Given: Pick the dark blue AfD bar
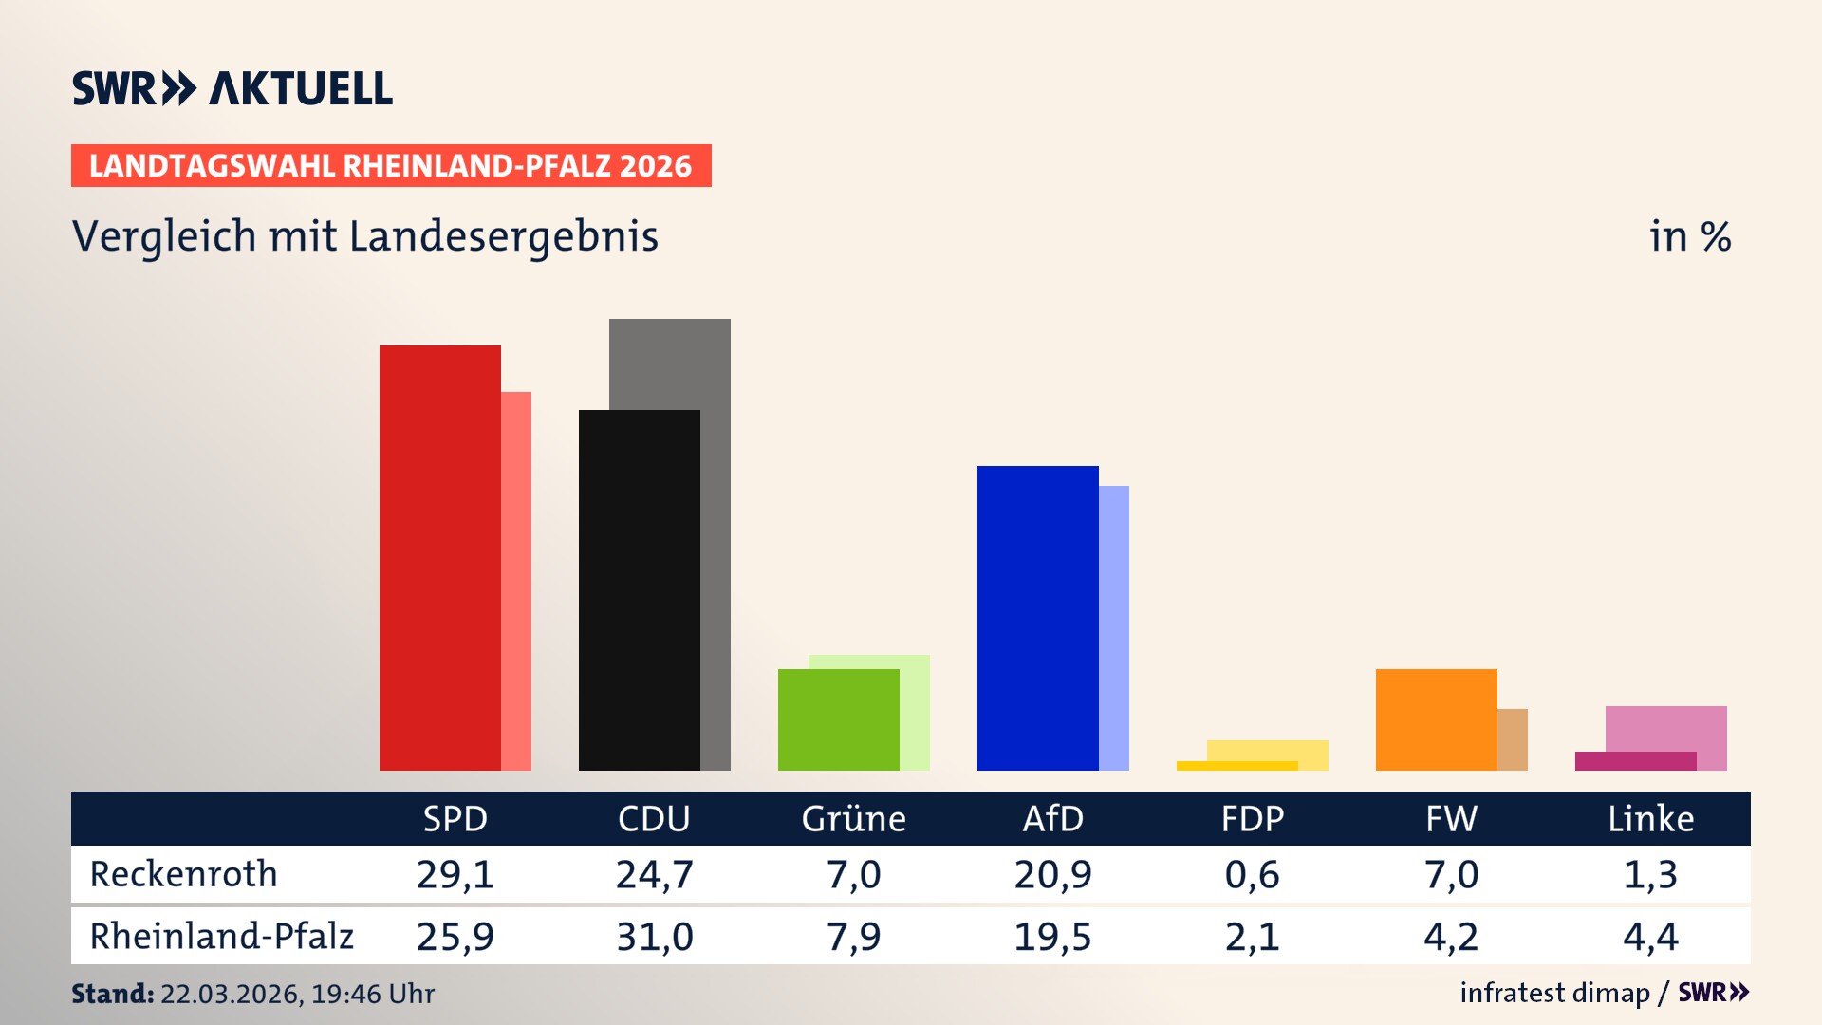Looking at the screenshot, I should (x=1037, y=618).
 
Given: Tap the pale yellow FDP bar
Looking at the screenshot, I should (x=1272, y=750).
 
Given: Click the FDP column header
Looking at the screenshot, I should (x=1252, y=818).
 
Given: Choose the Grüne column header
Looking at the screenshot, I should (x=853, y=818).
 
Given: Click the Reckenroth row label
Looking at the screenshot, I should (x=183, y=874).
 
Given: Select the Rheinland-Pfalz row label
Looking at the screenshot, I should (x=221, y=937).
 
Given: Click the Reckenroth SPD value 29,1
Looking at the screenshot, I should (x=455, y=874).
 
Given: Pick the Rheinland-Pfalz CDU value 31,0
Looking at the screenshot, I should (x=654, y=937).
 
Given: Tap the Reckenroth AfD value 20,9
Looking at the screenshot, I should (x=1052, y=874).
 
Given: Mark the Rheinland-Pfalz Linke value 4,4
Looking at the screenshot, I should (x=1650, y=937).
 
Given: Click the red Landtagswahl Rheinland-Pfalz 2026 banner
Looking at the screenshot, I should (x=391, y=166).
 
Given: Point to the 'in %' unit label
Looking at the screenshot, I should (x=1689, y=237).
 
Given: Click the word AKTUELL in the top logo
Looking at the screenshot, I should (x=300, y=89).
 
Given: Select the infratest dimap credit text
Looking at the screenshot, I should (x=1554, y=993).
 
